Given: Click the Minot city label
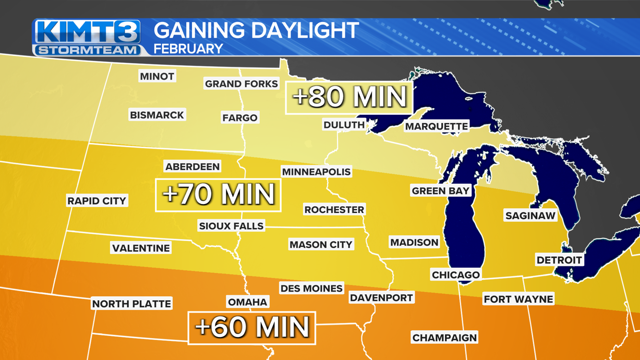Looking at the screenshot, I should click(x=157, y=76).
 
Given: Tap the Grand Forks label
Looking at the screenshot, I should click(x=241, y=84).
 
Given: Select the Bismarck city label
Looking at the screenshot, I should click(x=157, y=115).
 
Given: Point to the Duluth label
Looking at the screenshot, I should click(x=344, y=125).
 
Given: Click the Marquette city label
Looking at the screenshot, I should click(x=436, y=126).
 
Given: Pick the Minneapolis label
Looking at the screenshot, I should click(x=316, y=172).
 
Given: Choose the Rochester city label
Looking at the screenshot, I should click(x=334, y=210).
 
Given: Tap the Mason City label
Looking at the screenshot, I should click(x=321, y=245).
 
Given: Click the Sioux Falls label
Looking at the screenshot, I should click(x=231, y=226).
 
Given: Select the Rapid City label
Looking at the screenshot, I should click(x=97, y=201).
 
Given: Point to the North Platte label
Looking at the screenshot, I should click(x=132, y=304).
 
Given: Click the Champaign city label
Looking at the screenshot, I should click(x=445, y=337).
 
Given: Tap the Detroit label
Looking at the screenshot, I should click(x=559, y=260).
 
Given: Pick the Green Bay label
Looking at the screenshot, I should click(x=440, y=191).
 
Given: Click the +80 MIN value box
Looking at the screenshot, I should click(x=349, y=97).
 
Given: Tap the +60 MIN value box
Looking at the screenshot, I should click(x=252, y=328).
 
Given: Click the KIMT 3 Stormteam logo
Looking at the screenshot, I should click(x=87, y=37).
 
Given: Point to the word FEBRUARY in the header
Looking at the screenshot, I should click(x=188, y=49).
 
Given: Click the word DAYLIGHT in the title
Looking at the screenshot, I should click(x=305, y=31).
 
